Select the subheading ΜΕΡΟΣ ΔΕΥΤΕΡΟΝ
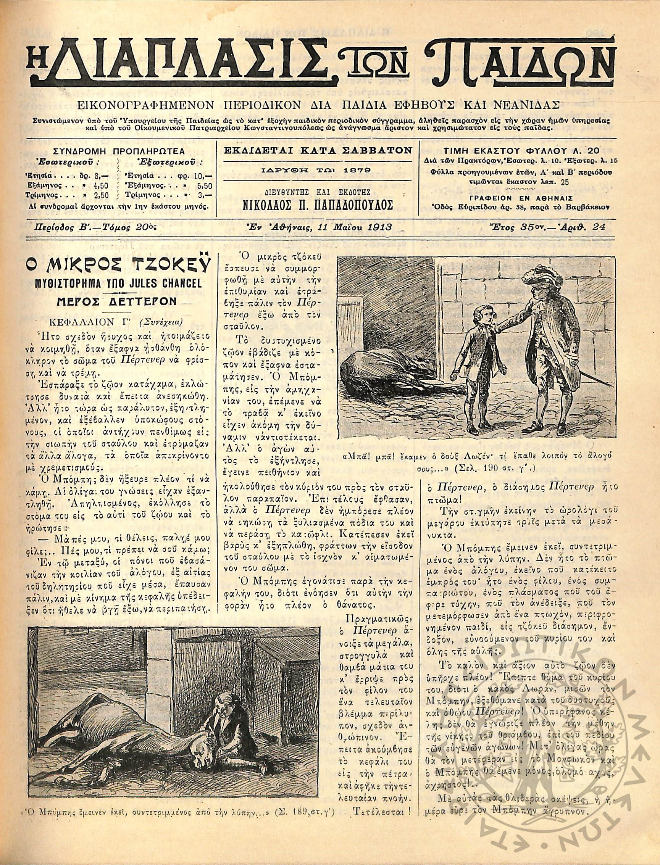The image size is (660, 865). coord(115,302)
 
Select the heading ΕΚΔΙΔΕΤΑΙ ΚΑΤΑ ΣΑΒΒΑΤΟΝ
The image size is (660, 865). coord(318,150)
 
